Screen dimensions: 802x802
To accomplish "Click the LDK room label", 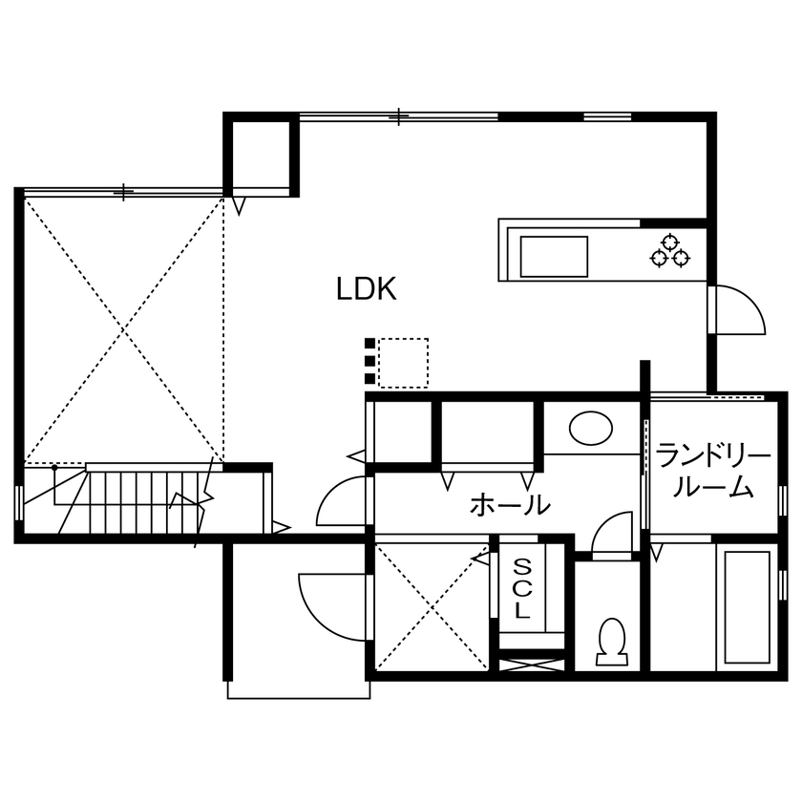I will coord(366,289).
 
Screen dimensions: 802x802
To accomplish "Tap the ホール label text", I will coord(510,504).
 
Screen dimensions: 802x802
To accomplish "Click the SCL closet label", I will coord(521,587).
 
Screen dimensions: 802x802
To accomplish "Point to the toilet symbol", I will coord(609,641).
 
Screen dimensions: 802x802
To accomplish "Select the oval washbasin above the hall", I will coord(592,427).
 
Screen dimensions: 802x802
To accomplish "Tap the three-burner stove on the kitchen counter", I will coord(669,249).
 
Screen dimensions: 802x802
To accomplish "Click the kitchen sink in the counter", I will coord(554,256).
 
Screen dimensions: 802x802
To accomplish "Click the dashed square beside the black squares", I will coord(403,363).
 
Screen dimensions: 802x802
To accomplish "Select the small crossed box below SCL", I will coord(533,661).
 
